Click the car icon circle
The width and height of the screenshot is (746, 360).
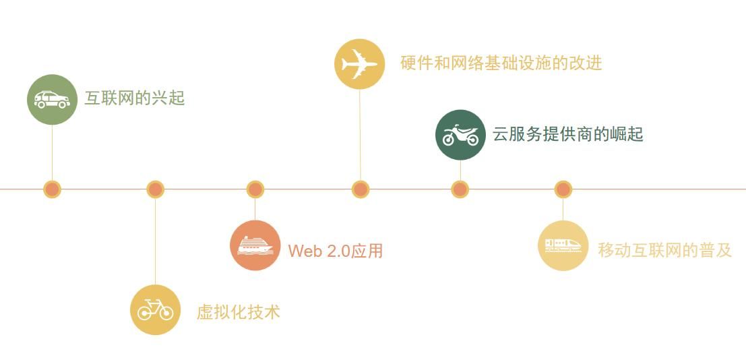(x=52, y=100)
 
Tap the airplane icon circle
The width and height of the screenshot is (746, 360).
(x=359, y=64)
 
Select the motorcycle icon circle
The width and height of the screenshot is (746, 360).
(x=460, y=135)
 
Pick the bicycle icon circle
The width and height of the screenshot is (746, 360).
(x=155, y=310)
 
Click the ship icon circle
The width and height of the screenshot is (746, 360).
(x=255, y=245)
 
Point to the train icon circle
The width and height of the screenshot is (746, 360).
(x=563, y=245)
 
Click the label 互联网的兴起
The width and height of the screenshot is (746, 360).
(x=135, y=98)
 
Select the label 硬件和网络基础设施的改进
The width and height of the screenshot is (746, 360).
(x=501, y=63)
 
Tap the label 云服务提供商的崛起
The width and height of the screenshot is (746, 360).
(x=567, y=134)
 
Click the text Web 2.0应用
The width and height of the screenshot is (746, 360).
(x=335, y=251)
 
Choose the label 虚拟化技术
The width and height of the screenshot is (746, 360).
(x=238, y=312)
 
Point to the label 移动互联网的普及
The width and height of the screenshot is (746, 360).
(x=664, y=250)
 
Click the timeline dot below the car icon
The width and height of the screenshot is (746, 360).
(x=52, y=189)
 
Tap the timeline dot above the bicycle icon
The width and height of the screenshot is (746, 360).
(x=155, y=189)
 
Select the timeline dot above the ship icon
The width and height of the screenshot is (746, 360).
(x=255, y=189)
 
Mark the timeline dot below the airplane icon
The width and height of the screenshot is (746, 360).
(x=361, y=189)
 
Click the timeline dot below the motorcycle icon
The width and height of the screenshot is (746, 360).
(x=460, y=189)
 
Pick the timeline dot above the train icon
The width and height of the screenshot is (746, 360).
(x=563, y=189)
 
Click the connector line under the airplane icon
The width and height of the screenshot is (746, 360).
(x=360, y=135)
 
